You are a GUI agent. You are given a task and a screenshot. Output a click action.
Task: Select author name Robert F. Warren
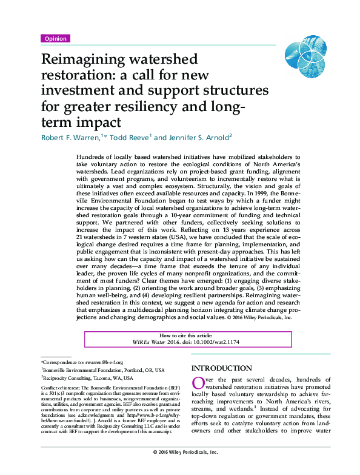coord(70,137)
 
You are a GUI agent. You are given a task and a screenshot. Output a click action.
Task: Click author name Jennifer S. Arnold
coord(197,137)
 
